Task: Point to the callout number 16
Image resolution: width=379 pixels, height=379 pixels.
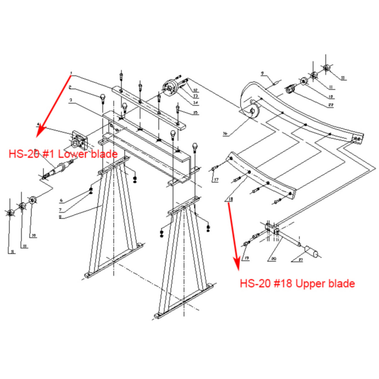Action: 225,134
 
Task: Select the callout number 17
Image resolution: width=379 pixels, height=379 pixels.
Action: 216,180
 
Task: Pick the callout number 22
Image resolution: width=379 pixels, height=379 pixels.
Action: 331,105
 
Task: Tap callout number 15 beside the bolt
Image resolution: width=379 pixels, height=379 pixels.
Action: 195,113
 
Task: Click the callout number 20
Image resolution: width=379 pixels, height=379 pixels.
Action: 273,259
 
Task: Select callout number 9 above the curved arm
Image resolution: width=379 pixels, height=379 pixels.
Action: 262,73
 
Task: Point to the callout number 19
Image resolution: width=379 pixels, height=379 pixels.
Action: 246,258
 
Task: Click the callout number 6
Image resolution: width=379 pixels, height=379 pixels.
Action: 61,200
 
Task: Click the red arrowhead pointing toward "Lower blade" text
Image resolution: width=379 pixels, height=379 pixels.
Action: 40,132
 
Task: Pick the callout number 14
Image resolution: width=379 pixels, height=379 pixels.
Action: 195,102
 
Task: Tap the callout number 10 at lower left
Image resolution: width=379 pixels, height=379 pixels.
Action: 34,236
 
